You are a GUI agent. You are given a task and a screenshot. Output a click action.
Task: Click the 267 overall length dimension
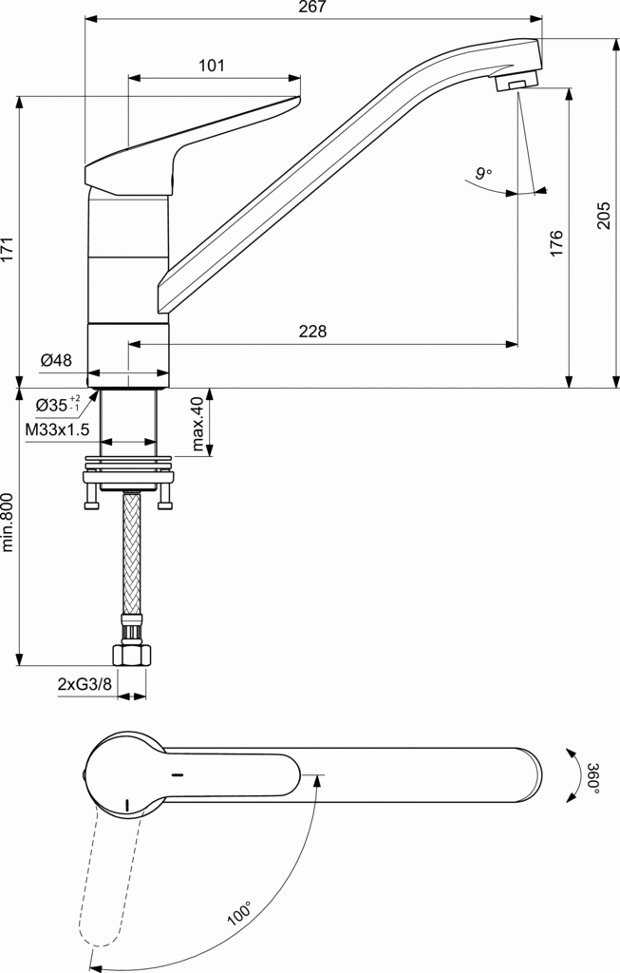click(x=312, y=9)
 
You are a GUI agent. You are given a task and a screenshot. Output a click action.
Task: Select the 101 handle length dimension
click(x=212, y=66)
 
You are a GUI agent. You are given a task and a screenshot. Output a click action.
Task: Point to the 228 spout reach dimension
click(x=312, y=332)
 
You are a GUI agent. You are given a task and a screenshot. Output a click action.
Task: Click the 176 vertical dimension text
click(x=557, y=242)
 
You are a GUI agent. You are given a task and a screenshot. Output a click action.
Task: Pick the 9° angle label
click(x=483, y=173)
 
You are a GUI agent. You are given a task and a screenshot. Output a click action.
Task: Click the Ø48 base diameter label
click(x=57, y=360)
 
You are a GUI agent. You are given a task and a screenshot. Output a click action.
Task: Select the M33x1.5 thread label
click(x=57, y=429)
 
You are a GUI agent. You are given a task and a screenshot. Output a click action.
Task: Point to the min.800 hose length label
click(x=9, y=522)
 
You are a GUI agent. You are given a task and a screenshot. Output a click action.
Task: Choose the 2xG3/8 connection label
click(x=84, y=684)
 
